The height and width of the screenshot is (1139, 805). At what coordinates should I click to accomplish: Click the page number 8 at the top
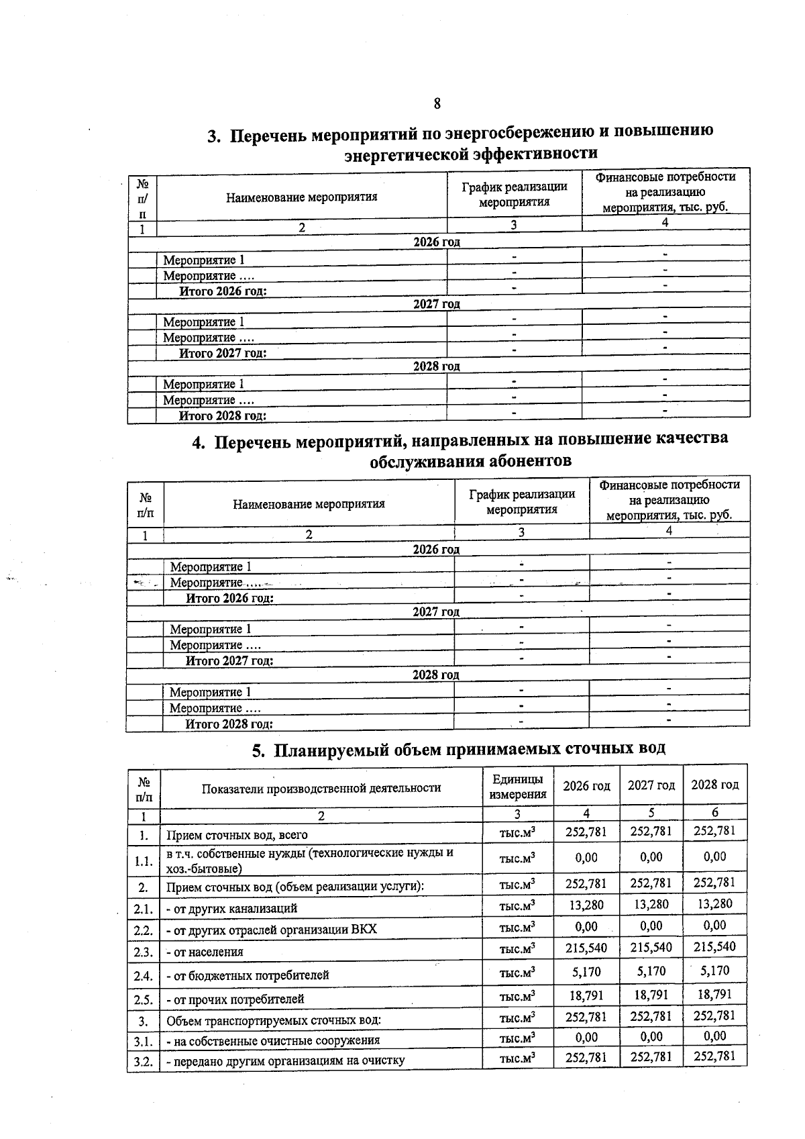pyautogui.click(x=437, y=103)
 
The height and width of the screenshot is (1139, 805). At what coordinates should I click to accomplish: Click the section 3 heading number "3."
pyautogui.click(x=213, y=136)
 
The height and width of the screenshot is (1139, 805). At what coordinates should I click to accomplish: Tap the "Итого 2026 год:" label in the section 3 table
pyautogui.click(x=223, y=291)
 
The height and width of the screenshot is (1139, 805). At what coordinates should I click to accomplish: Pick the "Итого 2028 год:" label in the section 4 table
pyautogui.click(x=229, y=724)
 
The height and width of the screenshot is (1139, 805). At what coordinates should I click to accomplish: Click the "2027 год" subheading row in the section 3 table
pyautogui.click(x=437, y=304)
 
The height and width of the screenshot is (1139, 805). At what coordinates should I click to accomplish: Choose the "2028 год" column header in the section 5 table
pyautogui.click(x=714, y=785)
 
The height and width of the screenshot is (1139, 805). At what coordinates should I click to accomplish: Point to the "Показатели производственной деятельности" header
pyautogui.click(x=321, y=788)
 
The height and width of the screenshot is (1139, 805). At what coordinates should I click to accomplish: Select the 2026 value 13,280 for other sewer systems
pyautogui.click(x=586, y=905)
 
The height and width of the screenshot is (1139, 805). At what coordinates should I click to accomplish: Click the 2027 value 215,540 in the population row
pyautogui.click(x=651, y=948)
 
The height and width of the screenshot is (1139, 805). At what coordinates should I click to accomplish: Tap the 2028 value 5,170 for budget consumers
pyautogui.click(x=714, y=971)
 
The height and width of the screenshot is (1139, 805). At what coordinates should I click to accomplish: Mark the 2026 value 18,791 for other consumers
pyautogui.click(x=586, y=995)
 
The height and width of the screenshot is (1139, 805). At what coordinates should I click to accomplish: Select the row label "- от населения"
pyautogui.click(x=204, y=952)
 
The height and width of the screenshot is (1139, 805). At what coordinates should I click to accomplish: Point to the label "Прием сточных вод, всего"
pyautogui.click(x=237, y=835)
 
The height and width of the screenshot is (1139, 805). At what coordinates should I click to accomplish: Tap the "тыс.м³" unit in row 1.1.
pyautogui.click(x=517, y=858)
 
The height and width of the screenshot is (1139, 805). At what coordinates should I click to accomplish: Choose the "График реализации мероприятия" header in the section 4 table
pyautogui.click(x=522, y=501)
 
